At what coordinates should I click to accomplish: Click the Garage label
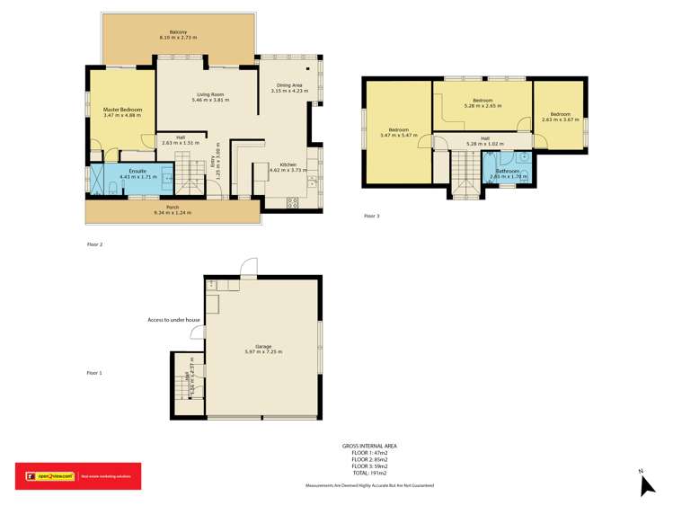pos(263,349)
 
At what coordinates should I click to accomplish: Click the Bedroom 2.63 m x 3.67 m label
pos(560,117)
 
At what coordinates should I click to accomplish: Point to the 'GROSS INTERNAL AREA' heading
pos(369,446)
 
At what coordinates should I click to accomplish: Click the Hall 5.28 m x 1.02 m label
pos(485,141)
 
